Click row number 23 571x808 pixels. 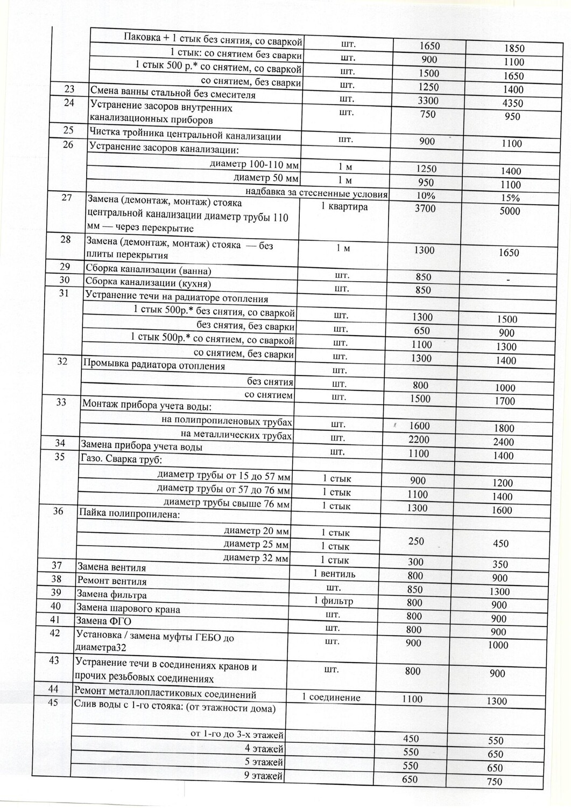click(69, 89)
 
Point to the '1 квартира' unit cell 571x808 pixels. click(344, 207)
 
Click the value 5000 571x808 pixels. click(510, 211)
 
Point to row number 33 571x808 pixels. click(61, 402)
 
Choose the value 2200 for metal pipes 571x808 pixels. click(419, 440)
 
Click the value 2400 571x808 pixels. click(503, 442)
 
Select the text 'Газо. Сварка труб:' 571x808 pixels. click(121, 459)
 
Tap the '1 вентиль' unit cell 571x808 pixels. click(334, 574)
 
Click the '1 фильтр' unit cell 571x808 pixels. click(334, 601)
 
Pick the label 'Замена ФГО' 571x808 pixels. click(104, 622)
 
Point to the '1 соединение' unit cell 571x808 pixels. click(330, 697)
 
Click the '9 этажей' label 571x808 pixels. click(264, 776)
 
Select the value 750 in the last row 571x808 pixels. click(494, 782)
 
